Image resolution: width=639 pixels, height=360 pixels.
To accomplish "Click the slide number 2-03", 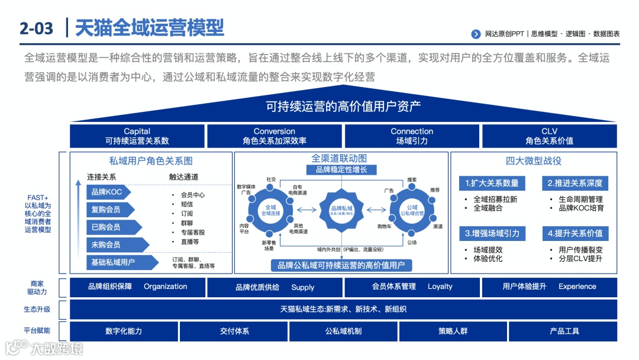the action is pyautogui.click(x=37, y=28).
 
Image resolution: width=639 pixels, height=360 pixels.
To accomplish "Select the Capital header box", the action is pyautogui.click(x=137, y=136).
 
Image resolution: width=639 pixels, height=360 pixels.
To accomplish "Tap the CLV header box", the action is pyautogui.click(x=549, y=136).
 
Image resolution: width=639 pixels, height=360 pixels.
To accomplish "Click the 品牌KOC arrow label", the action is pyautogui.click(x=109, y=192).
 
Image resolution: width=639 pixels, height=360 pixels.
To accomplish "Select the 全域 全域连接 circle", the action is pyautogui.click(x=271, y=210).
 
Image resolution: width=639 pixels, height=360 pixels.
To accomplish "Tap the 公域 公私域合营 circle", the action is pyautogui.click(x=412, y=210).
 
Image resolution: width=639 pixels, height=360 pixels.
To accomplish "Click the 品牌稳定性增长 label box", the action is pyautogui.click(x=341, y=170).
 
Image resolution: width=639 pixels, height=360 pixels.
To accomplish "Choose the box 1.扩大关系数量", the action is pyautogui.click(x=492, y=183).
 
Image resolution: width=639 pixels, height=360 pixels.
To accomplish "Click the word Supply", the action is pyautogui.click(x=302, y=287).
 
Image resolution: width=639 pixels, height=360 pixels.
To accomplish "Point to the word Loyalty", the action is pyautogui.click(x=440, y=287).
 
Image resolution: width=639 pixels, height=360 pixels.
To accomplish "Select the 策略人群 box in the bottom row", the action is pyautogui.click(x=453, y=331).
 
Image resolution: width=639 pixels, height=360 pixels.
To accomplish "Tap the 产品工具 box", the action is pyautogui.click(x=563, y=331).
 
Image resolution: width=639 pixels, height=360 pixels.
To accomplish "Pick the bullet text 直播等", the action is pyautogui.click(x=189, y=242).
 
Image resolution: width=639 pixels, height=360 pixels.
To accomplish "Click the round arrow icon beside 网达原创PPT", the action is pyautogui.click(x=476, y=34).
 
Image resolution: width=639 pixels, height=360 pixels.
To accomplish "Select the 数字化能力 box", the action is pyautogui.click(x=124, y=331).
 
